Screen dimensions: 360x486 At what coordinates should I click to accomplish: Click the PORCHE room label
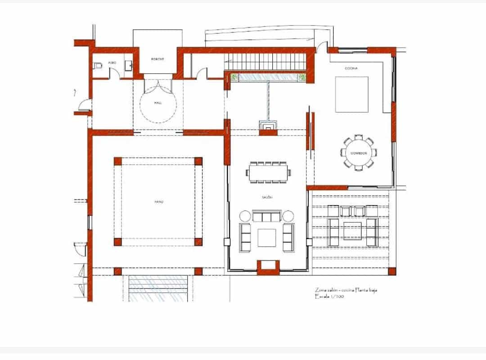pos(157,59)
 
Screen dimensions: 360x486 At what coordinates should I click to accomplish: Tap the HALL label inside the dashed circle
pos(157,103)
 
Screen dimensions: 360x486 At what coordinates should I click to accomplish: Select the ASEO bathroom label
pos(112,63)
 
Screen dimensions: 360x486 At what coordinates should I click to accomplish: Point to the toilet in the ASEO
pos(98,66)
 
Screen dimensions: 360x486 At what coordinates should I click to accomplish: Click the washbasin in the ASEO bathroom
pos(130,66)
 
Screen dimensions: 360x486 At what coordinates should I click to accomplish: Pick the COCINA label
pos(351,68)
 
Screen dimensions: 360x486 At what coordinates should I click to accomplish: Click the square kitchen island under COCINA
pos(351,94)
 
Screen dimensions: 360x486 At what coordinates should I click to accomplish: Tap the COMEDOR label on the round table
pos(358,153)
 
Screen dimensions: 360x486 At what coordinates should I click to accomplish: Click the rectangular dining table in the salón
pos(269,172)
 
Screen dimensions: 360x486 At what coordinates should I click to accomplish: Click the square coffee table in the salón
pos(267,238)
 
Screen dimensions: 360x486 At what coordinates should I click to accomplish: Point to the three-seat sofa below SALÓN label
pos(267,217)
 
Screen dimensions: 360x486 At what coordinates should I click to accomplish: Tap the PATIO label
pos(158,202)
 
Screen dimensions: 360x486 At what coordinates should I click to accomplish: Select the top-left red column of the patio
pos(118,162)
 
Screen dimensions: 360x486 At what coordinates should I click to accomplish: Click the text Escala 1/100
pos(330,297)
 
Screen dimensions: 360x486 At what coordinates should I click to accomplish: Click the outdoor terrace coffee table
pos(352,231)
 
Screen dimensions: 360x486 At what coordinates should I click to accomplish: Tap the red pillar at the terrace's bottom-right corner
pos(391,271)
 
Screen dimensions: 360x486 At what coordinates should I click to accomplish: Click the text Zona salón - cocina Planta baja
pos(346,290)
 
